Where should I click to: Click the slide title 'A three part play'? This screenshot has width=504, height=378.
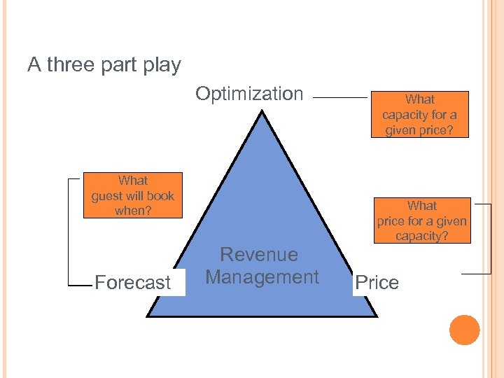coord(104,66)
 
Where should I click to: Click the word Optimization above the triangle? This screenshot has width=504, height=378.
coord(249,94)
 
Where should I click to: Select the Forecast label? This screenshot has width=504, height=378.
coord(132,283)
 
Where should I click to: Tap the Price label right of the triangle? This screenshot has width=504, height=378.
coord(377,283)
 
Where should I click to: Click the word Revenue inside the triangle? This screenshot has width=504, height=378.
coord(259,255)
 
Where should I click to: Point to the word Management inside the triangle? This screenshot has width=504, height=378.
coord(262,277)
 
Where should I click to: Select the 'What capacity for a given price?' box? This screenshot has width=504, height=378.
coord(419,115)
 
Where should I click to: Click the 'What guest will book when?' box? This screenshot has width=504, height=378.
coord(133,195)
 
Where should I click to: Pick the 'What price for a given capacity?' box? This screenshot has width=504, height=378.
coord(421,220)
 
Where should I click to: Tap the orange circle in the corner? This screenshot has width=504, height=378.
coord(464,330)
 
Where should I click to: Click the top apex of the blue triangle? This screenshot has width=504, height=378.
coord(260,113)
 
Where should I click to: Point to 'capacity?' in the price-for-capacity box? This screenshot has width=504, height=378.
coord(421,237)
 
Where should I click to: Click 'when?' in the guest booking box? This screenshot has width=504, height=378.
coord(133,210)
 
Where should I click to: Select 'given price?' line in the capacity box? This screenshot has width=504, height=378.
coord(419,130)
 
